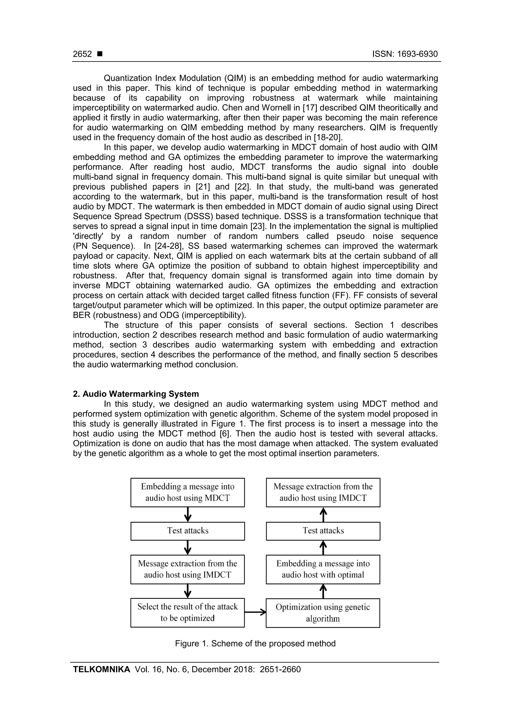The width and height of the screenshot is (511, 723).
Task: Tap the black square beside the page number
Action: (x=100, y=54)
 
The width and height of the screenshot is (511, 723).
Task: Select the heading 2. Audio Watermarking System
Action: (x=136, y=394)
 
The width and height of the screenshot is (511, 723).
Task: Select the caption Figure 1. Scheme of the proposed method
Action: (x=255, y=643)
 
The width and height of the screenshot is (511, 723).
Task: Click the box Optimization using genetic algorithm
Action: (x=323, y=613)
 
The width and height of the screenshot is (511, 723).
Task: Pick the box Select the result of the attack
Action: (x=187, y=612)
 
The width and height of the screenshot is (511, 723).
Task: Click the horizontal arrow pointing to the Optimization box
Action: (x=255, y=612)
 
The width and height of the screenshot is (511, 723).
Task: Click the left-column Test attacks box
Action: (x=187, y=531)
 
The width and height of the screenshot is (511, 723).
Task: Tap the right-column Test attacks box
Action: (x=323, y=531)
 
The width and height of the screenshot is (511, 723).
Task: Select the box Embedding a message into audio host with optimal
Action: (x=323, y=569)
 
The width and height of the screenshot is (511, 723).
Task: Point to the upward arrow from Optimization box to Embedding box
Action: (x=323, y=591)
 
